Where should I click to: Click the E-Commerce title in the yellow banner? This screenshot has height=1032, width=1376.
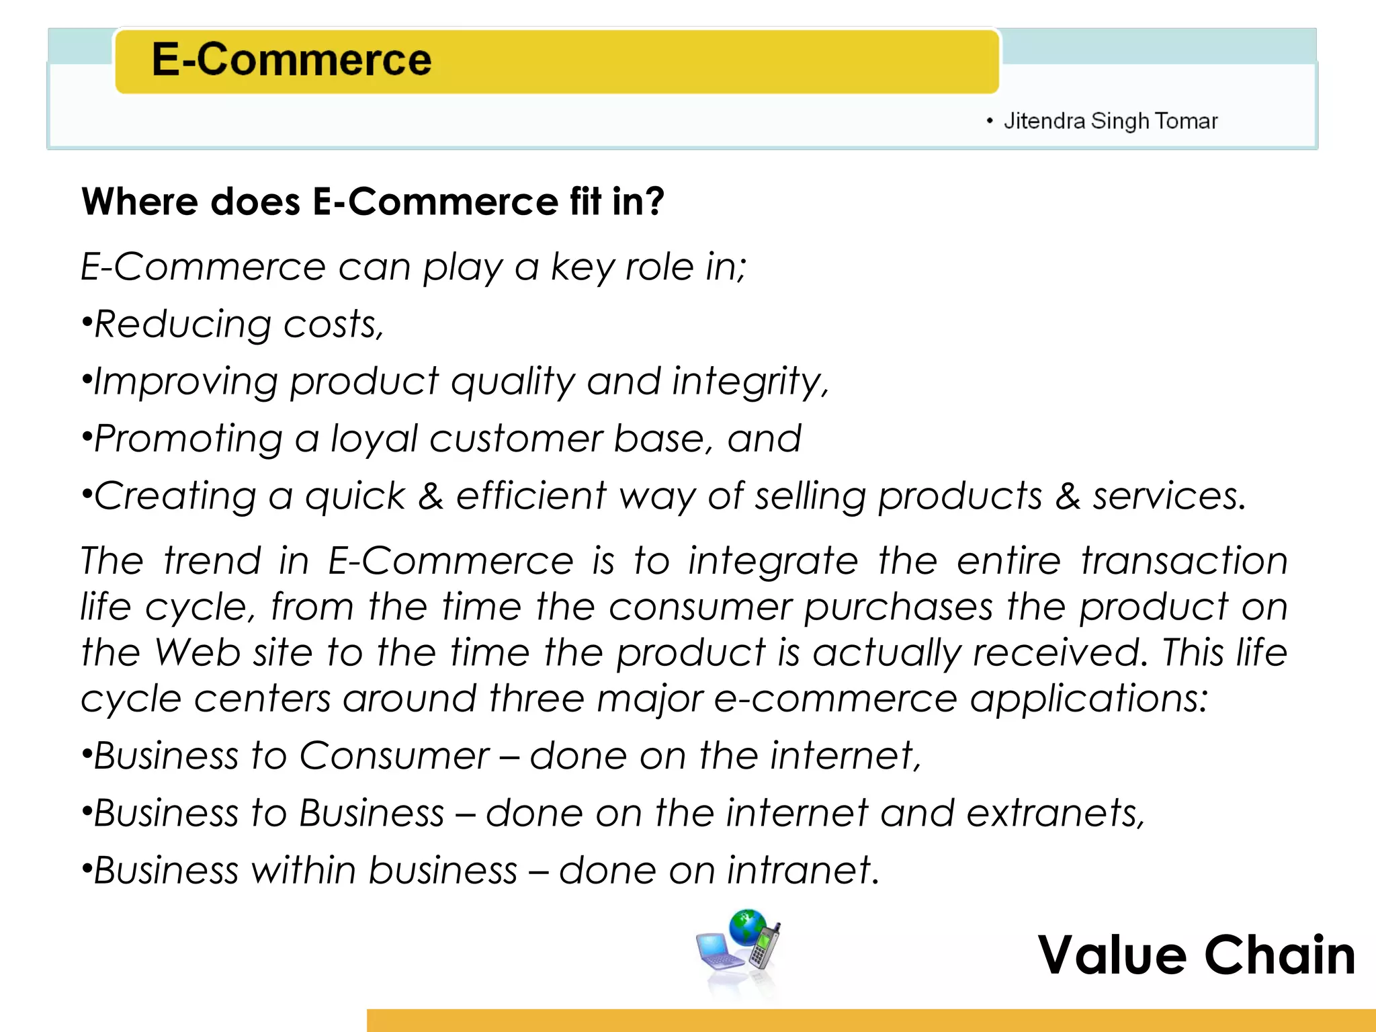(x=291, y=60)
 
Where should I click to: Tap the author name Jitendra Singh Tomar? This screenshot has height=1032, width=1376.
(x=1110, y=121)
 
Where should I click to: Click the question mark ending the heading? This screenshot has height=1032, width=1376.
(x=653, y=201)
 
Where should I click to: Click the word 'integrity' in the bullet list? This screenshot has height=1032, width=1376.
(x=748, y=382)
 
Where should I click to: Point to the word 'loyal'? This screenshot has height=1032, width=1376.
(x=373, y=439)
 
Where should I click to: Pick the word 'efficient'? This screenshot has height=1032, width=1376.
(x=531, y=496)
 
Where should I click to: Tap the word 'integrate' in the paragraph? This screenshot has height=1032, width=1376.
(x=773, y=561)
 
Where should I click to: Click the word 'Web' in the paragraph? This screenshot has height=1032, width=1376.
(x=198, y=652)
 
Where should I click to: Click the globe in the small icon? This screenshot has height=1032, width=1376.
(x=747, y=927)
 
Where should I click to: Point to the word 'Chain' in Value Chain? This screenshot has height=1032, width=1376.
(x=1280, y=955)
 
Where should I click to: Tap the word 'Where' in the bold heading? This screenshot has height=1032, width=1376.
(x=124, y=201)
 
